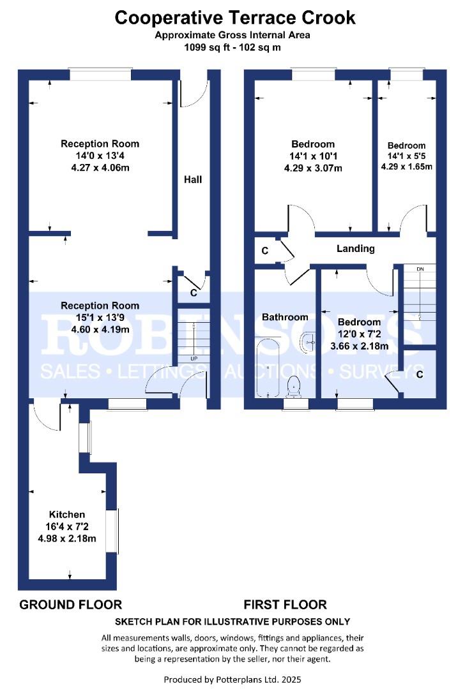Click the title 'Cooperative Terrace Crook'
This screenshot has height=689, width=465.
click(235, 18)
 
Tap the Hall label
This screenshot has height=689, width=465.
click(193, 179)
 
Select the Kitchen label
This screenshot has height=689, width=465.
click(67, 514)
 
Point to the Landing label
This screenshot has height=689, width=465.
click(356, 249)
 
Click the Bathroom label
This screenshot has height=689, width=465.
click(285, 317)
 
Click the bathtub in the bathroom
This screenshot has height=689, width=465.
click(268, 367)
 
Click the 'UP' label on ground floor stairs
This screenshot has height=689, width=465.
click(194, 359)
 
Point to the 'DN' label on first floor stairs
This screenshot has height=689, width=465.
click(420, 269)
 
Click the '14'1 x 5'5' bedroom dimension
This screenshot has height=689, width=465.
click(406, 156)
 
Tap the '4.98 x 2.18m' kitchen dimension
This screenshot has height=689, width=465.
click(67, 538)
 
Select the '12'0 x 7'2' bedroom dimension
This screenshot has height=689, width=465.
click(360, 334)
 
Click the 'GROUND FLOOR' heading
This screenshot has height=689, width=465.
click(70, 605)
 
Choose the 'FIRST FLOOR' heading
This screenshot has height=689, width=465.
click(285, 605)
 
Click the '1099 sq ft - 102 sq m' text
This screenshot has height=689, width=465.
click(232, 47)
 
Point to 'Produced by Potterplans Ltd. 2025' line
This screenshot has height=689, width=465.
click(232, 679)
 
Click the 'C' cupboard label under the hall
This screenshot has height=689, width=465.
click(194, 293)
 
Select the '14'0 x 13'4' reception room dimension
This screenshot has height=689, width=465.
click(100, 156)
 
